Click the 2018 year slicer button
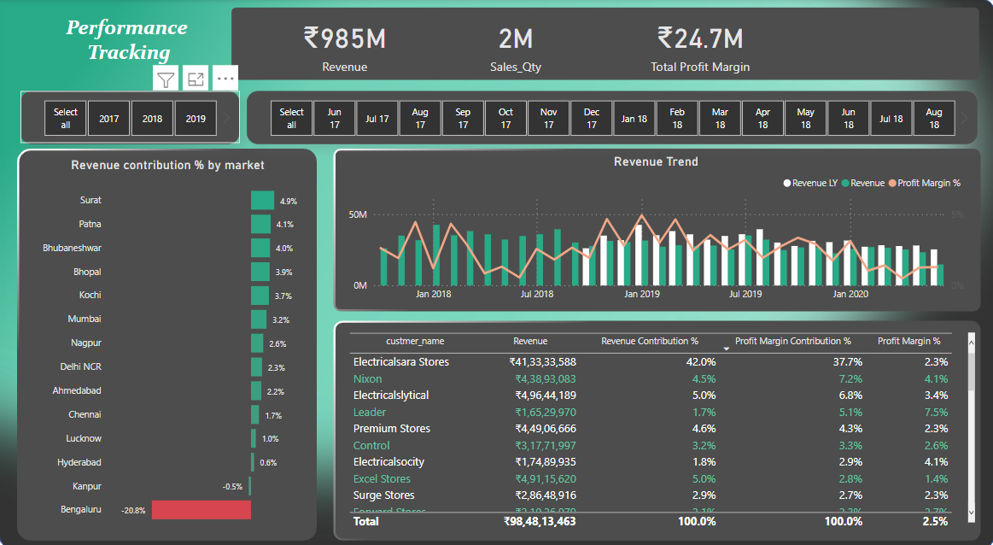pyautogui.click(x=152, y=119)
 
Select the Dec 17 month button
pyautogui.click(x=592, y=119)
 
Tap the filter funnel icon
pyautogui.click(x=166, y=79)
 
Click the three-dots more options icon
pyautogui.click(x=225, y=79)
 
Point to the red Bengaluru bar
pyautogui.click(x=201, y=510)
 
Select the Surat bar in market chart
pyautogui.click(x=262, y=200)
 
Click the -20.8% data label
pyautogui.click(x=134, y=511)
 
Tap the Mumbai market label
pyautogui.click(x=85, y=319)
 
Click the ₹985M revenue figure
pyautogui.click(x=345, y=38)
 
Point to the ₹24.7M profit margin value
pyautogui.click(x=699, y=38)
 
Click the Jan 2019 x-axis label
pyautogui.click(x=641, y=294)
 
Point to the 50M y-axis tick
pyautogui.click(x=358, y=215)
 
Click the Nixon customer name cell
pyautogui.click(x=368, y=378)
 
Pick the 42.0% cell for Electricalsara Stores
pyautogui.click(x=700, y=362)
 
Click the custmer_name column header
pyautogui.click(x=415, y=341)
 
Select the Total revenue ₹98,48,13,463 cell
pyautogui.click(x=540, y=521)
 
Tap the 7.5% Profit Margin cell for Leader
pyautogui.click(x=936, y=412)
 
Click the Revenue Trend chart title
pyautogui.click(x=656, y=161)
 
